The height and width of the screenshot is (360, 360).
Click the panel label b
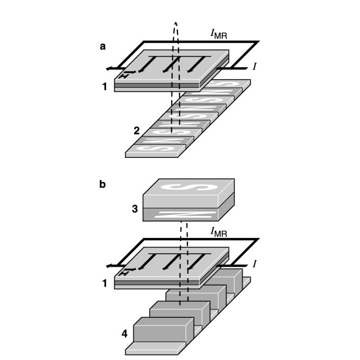pos(103,185)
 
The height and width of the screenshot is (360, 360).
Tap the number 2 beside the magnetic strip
pos(136,131)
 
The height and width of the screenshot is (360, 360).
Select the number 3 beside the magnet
pos(135,209)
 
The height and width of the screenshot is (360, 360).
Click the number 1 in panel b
pos(105,284)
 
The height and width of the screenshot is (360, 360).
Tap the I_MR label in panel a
pos(218,34)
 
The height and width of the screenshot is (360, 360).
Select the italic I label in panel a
pos(255,67)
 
